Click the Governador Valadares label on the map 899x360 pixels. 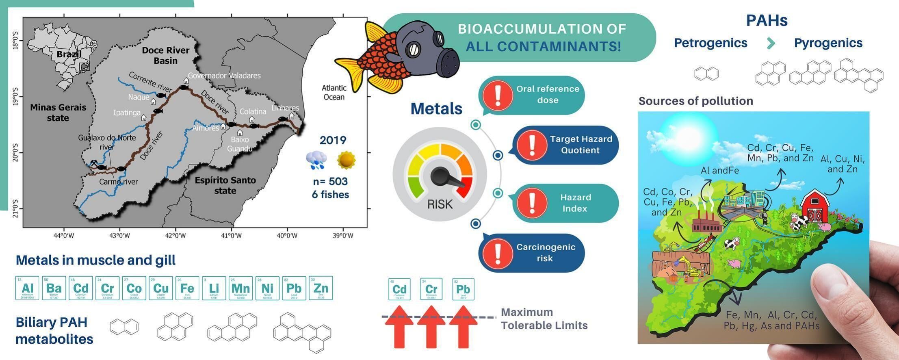(x=224, y=76)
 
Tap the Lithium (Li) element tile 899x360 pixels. (x=214, y=288)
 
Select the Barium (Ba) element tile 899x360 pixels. (x=54, y=288)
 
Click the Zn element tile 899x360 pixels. (x=321, y=288)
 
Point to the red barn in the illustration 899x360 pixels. (x=815, y=206)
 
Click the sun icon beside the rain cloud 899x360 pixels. (x=346, y=160)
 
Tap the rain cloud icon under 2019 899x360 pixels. (x=316, y=160)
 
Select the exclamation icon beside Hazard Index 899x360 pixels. (x=532, y=203)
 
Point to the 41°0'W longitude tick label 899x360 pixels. (x=231, y=236)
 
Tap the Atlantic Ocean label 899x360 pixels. (x=334, y=92)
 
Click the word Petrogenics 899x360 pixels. (x=711, y=43)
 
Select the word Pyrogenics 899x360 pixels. (x=828, y=43)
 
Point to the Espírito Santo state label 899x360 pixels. (x=225, y=185)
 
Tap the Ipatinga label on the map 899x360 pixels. (x=127, y=113)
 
